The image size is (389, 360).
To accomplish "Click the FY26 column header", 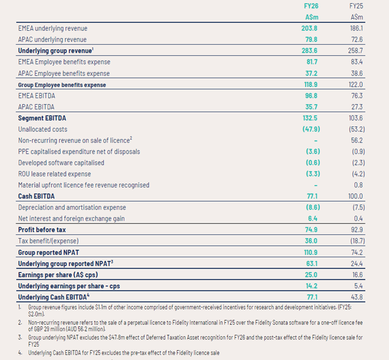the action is point(311,6).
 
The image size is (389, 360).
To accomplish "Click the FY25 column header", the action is point(356,6).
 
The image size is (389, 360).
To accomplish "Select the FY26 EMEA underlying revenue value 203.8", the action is point(310,28).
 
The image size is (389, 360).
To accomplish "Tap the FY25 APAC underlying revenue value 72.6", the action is point(356,39).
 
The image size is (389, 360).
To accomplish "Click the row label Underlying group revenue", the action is point(55,51).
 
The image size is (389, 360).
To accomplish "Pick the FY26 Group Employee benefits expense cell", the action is point(311,85).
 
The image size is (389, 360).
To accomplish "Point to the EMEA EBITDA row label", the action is point(37,96).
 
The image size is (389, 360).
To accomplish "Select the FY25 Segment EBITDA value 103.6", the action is point(356,118).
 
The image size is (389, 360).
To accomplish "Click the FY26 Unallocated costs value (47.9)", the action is point(311,129).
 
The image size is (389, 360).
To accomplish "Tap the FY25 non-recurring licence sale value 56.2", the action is point(357,141).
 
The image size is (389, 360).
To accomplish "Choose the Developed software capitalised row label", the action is point(61,163).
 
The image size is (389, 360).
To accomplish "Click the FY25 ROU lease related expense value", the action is point(359,174).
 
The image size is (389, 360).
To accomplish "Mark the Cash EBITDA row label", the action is point(36,196).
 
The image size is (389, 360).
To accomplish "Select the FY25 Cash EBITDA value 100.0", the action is point(355,196).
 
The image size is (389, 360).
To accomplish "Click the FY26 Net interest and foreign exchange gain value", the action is point(312,219).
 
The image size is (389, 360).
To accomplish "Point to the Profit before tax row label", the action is point(42,230).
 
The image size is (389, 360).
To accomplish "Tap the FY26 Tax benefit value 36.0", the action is point(311,241).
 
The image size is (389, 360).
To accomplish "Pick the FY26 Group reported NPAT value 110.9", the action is point(311,253).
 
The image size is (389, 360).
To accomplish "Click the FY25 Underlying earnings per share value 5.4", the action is point(359,286).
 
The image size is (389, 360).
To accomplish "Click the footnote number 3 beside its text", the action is point(20,338).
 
